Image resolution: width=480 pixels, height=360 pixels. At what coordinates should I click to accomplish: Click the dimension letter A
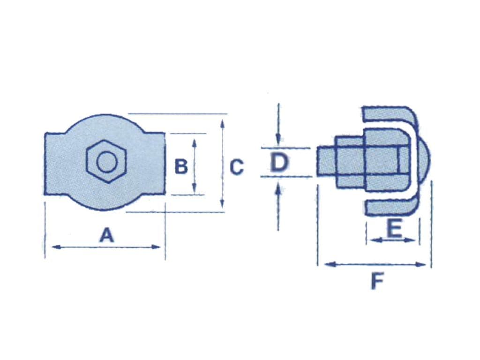107,235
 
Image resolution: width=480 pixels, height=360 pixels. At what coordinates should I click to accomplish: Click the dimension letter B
181,166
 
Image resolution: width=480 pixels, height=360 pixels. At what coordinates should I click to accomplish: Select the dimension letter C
236,167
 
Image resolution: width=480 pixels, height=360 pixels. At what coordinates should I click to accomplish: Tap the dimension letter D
279,163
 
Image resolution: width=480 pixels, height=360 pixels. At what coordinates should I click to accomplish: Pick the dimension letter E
394,229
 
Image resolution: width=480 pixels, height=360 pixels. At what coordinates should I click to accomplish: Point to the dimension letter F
377,282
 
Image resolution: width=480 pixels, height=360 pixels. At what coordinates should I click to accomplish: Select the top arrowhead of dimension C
222,123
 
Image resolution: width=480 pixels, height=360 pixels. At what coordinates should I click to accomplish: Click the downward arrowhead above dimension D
278,140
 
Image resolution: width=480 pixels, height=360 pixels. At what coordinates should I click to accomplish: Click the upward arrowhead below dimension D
278,187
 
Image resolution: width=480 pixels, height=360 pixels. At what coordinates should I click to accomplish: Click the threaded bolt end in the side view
325,162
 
